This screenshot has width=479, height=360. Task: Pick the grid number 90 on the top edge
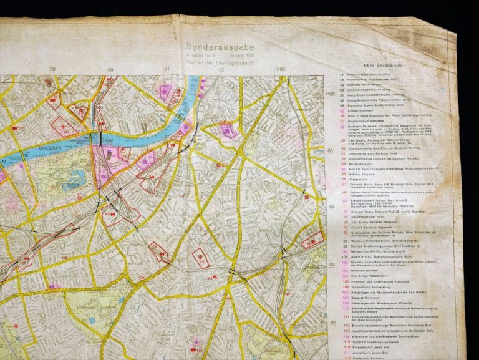(110, 71)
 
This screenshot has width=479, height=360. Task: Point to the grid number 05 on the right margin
(331, 150)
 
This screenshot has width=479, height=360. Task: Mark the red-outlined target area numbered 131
(200, 257)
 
